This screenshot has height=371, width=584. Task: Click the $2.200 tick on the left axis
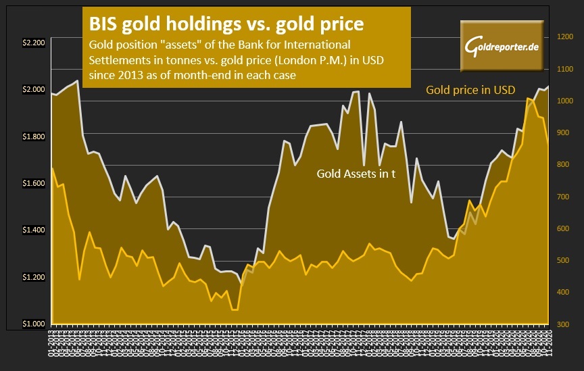tap(33, 43)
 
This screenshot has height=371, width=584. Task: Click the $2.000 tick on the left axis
tap(33, 89)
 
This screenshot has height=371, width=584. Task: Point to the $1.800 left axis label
tap(33, 137)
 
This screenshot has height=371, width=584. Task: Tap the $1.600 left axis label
tap(33, 183)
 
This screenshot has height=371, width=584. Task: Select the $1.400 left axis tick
tap(33, 230)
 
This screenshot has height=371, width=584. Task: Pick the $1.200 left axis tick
tap(33, 277)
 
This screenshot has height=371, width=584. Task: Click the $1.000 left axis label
tap(33, 324)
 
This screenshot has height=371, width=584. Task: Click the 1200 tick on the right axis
tap(564, 37)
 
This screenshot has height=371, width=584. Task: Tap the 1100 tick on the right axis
tap(564, 69)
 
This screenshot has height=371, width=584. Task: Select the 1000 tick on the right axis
tap(564, 101)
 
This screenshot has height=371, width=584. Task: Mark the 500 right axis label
tap(564, 261)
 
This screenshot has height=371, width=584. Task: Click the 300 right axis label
tap(564, 324)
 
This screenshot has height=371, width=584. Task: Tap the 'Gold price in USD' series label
tap(470, 90)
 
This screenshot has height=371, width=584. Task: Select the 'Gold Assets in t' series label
tap(356, 174)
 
